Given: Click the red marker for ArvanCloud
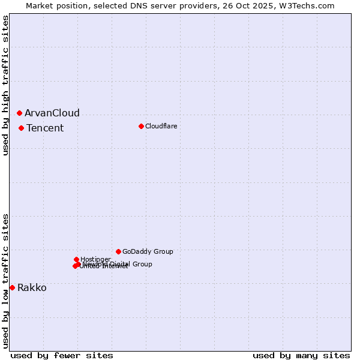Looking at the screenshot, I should point(19,113).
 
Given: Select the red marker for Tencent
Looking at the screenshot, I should point(21,128).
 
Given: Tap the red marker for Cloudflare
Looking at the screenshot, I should point(141,126).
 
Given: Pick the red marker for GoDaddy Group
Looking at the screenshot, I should point(118,251).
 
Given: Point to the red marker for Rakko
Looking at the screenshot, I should point(12,287).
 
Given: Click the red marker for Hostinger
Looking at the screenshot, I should point(76,259).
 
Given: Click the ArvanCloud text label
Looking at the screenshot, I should point(52,113).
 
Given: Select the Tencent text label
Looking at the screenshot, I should point(45,128).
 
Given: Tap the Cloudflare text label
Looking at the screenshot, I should point(161,126).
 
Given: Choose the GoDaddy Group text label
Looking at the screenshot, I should point(148,251).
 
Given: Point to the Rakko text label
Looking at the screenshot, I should point(32,287).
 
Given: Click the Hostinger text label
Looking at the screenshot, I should point(95,259).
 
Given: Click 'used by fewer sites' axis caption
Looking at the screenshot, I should point(62,355).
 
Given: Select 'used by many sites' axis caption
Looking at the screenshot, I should point(301,355).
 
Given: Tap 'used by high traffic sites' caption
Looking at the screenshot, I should point(5,85).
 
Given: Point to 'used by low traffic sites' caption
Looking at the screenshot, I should point(5,280).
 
